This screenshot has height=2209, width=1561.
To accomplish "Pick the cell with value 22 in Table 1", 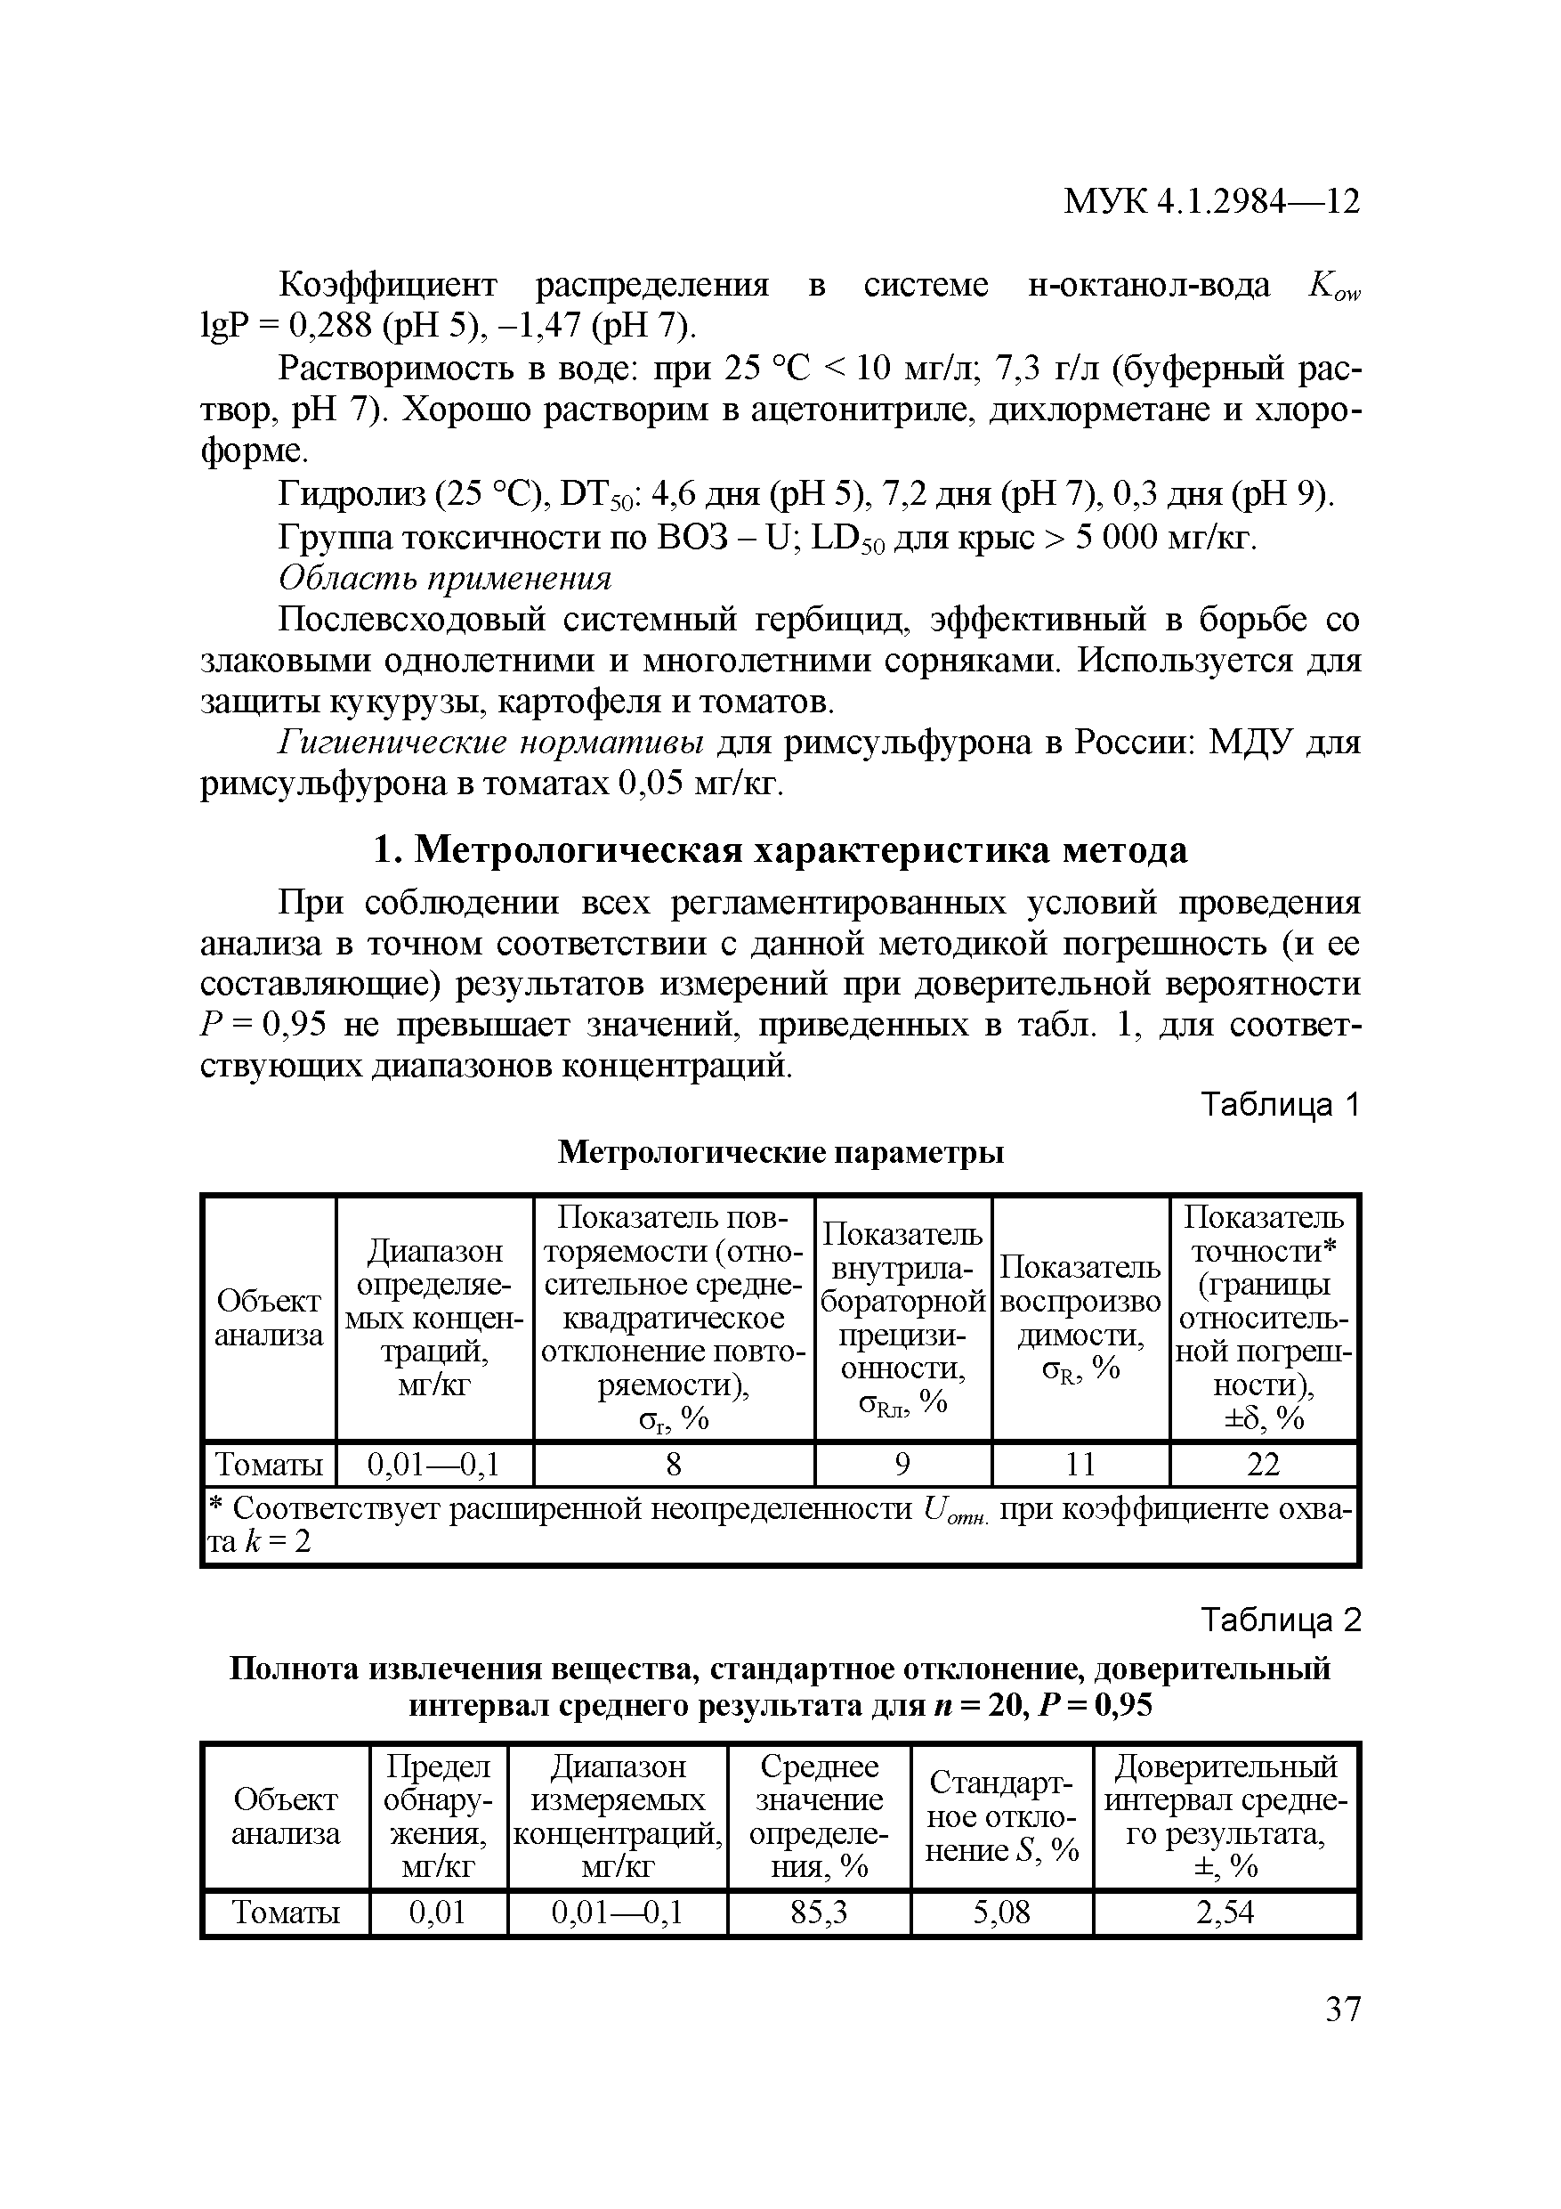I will tap(1263, 1465).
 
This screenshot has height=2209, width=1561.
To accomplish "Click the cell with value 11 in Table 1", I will tap(1080, 1465).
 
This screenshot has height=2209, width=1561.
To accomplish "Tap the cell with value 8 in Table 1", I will tap(674, 1465).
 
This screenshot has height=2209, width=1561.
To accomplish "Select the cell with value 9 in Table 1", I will tap(902, 1465).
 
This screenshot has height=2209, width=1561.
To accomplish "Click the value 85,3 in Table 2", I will tap(819, 1912).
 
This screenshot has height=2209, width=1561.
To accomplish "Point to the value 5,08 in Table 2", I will tap(1001, 1912).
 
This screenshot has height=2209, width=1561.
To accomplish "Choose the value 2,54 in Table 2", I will tap(1225, 1912).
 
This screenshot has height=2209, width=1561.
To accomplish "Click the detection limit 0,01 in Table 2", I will tap(438, 1912).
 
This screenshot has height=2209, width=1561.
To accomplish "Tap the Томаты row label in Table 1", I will tap(270, 1465).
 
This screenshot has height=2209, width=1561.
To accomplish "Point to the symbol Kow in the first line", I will tap(1335, 287).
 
